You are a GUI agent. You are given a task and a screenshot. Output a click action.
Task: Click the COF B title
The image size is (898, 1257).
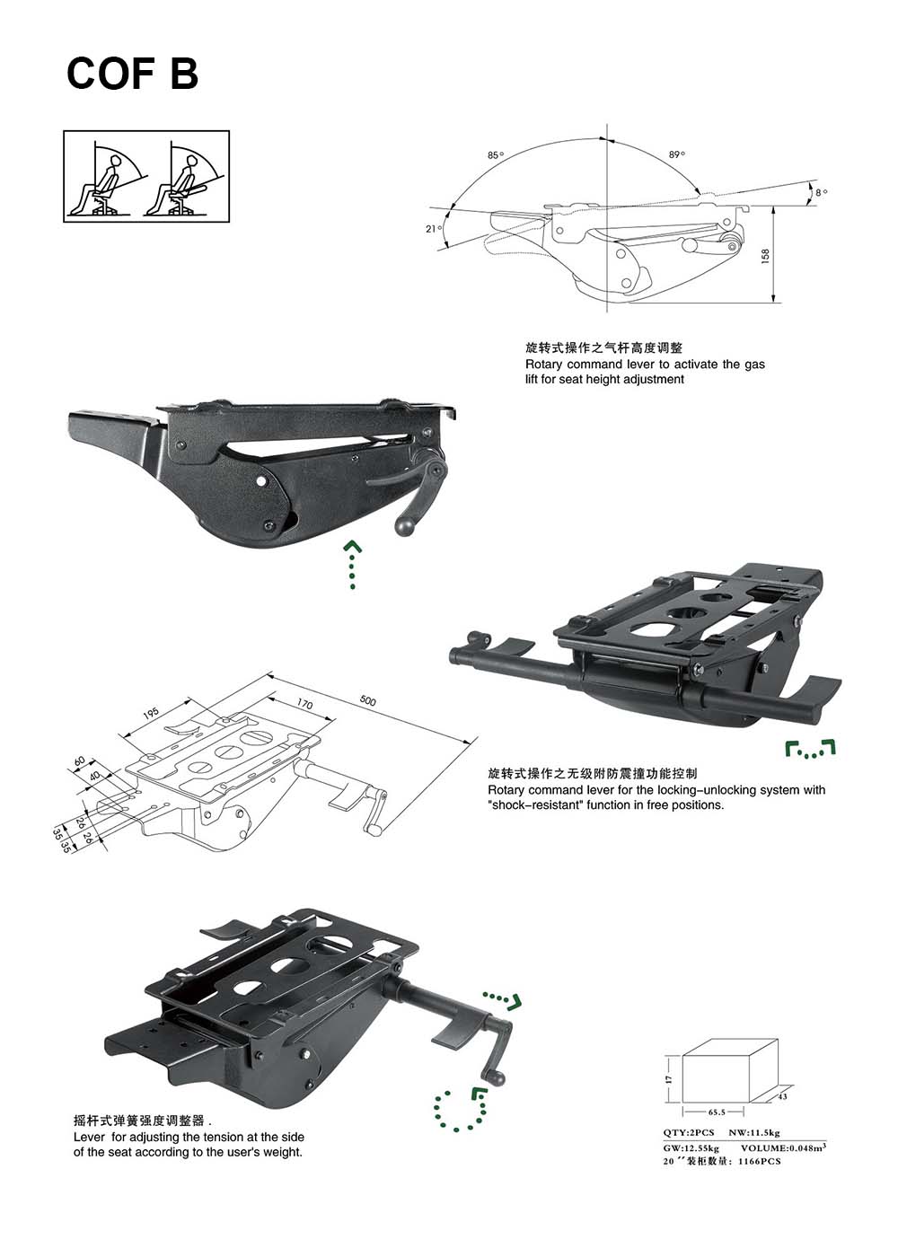coord(132,74)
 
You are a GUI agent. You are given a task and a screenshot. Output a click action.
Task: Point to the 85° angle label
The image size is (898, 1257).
coord(495,155)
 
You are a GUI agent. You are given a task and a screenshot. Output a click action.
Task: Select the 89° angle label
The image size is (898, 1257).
coord(677,154)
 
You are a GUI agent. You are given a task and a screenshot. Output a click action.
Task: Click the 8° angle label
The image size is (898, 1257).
coord(821,192)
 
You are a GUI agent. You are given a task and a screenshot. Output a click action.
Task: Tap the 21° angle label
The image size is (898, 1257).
coord(432,229)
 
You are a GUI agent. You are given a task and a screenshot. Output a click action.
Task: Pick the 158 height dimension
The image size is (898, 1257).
coord(765,257)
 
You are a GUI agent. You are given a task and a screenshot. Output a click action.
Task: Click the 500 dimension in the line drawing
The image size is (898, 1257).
coord(368,700)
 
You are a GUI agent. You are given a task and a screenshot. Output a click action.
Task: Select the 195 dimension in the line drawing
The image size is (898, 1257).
coord(151,714)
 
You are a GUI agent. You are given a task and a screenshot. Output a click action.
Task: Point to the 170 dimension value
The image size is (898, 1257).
coord(304,705)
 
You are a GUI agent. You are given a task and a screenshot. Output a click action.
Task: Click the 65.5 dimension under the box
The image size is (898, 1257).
coord(717,1112)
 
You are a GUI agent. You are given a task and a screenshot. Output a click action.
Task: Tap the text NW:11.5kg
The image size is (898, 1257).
coord(754,1134)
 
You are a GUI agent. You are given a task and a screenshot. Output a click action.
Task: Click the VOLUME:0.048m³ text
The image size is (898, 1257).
coord(783,1147)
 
